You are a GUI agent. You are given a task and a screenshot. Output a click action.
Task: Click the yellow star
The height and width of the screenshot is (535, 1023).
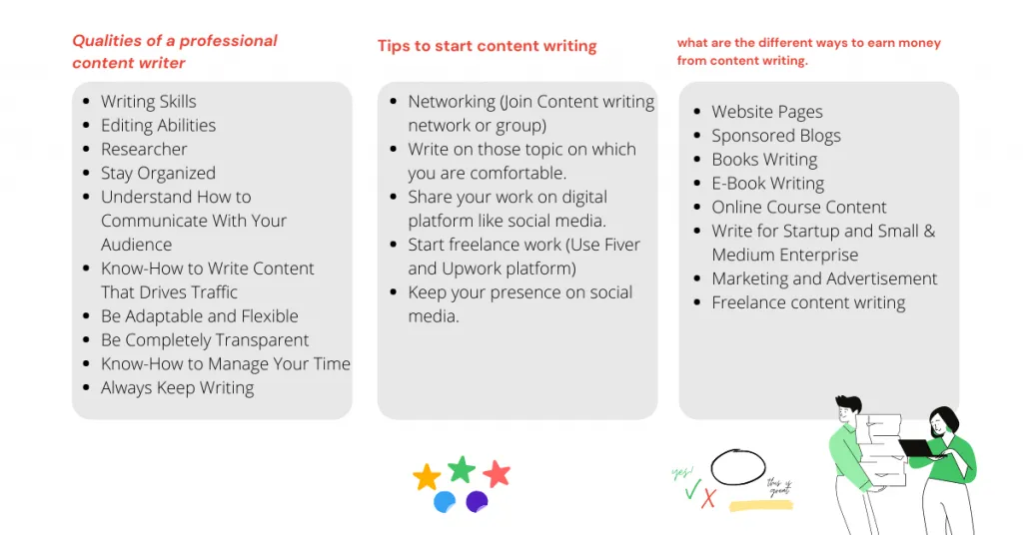[x=427, y=478]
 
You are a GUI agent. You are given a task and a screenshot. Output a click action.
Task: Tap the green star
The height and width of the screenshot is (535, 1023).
[x=462, y=469]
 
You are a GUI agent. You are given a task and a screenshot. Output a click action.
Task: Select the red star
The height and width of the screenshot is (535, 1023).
[x=497, y=474]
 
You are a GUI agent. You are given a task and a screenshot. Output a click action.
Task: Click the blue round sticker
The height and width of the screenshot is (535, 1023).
[x=445, y=502]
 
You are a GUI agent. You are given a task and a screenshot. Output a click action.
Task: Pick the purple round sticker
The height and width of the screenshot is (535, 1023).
[x=477, y=502]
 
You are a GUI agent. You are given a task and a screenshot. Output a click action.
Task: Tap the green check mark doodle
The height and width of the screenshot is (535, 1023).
[x=692, y=489]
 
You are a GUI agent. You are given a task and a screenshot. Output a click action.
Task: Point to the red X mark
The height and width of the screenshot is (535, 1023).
[x=708, y=498]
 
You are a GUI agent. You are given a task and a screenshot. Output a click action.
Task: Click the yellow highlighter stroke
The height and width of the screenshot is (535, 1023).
[x=760, y=506]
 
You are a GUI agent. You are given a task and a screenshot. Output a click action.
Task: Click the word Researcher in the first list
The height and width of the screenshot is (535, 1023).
[x=144, y=150]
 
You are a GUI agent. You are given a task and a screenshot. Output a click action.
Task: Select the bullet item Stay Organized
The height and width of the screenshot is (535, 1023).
[x=158, y=174]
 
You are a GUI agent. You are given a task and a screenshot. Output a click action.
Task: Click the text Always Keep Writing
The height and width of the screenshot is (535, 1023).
[x=178, y=387]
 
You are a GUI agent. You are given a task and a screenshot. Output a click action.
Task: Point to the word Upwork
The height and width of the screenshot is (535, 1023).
[x=472, y=268]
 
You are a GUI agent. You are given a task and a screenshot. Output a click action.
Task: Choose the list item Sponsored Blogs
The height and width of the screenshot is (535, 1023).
[x=776, y=136]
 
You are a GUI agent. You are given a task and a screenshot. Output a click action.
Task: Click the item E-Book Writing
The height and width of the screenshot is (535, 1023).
[x=768, y=183]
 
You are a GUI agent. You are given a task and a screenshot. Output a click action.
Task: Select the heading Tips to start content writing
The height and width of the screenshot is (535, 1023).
[x=488, y=46]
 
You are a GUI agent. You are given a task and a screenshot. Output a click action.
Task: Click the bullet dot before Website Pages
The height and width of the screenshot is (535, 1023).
[x=696, y=112]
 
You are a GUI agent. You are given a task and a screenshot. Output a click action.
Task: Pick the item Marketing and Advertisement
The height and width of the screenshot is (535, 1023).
[x=824, y=278]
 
